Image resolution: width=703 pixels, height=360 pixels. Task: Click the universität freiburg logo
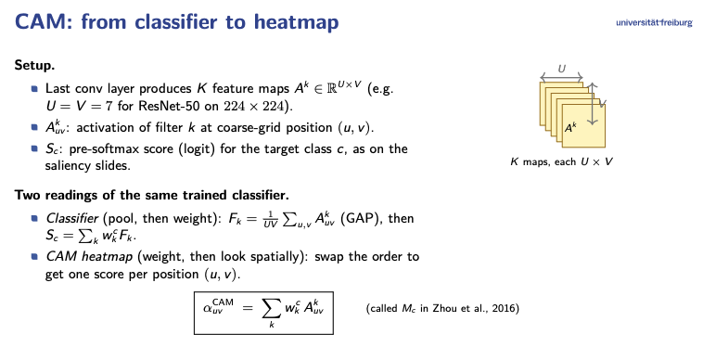[x=654, y=22]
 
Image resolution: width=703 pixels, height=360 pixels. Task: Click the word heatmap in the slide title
[x=297, y=21]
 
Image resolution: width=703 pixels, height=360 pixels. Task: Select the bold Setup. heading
[x=34, y=65]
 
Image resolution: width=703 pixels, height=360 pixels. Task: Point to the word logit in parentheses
[x=199, y=148]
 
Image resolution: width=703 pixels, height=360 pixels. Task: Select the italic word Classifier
[x=71, y=218]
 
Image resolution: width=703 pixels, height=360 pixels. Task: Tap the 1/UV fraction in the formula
[x=271, y=219]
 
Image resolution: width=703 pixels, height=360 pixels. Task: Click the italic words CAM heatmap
[x=89, y=256]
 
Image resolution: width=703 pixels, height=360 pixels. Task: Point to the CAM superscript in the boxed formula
[x=223, y=302]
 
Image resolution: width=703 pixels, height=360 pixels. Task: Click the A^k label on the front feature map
[x=570, y=128]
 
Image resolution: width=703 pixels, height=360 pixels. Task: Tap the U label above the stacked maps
[x=561, y=69]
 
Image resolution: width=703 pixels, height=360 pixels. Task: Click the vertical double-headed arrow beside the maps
[x=593, y=104]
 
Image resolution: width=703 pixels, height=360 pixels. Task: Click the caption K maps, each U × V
[x=561, y=161]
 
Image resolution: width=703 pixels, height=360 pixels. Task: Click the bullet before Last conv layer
[x=34, y=88]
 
